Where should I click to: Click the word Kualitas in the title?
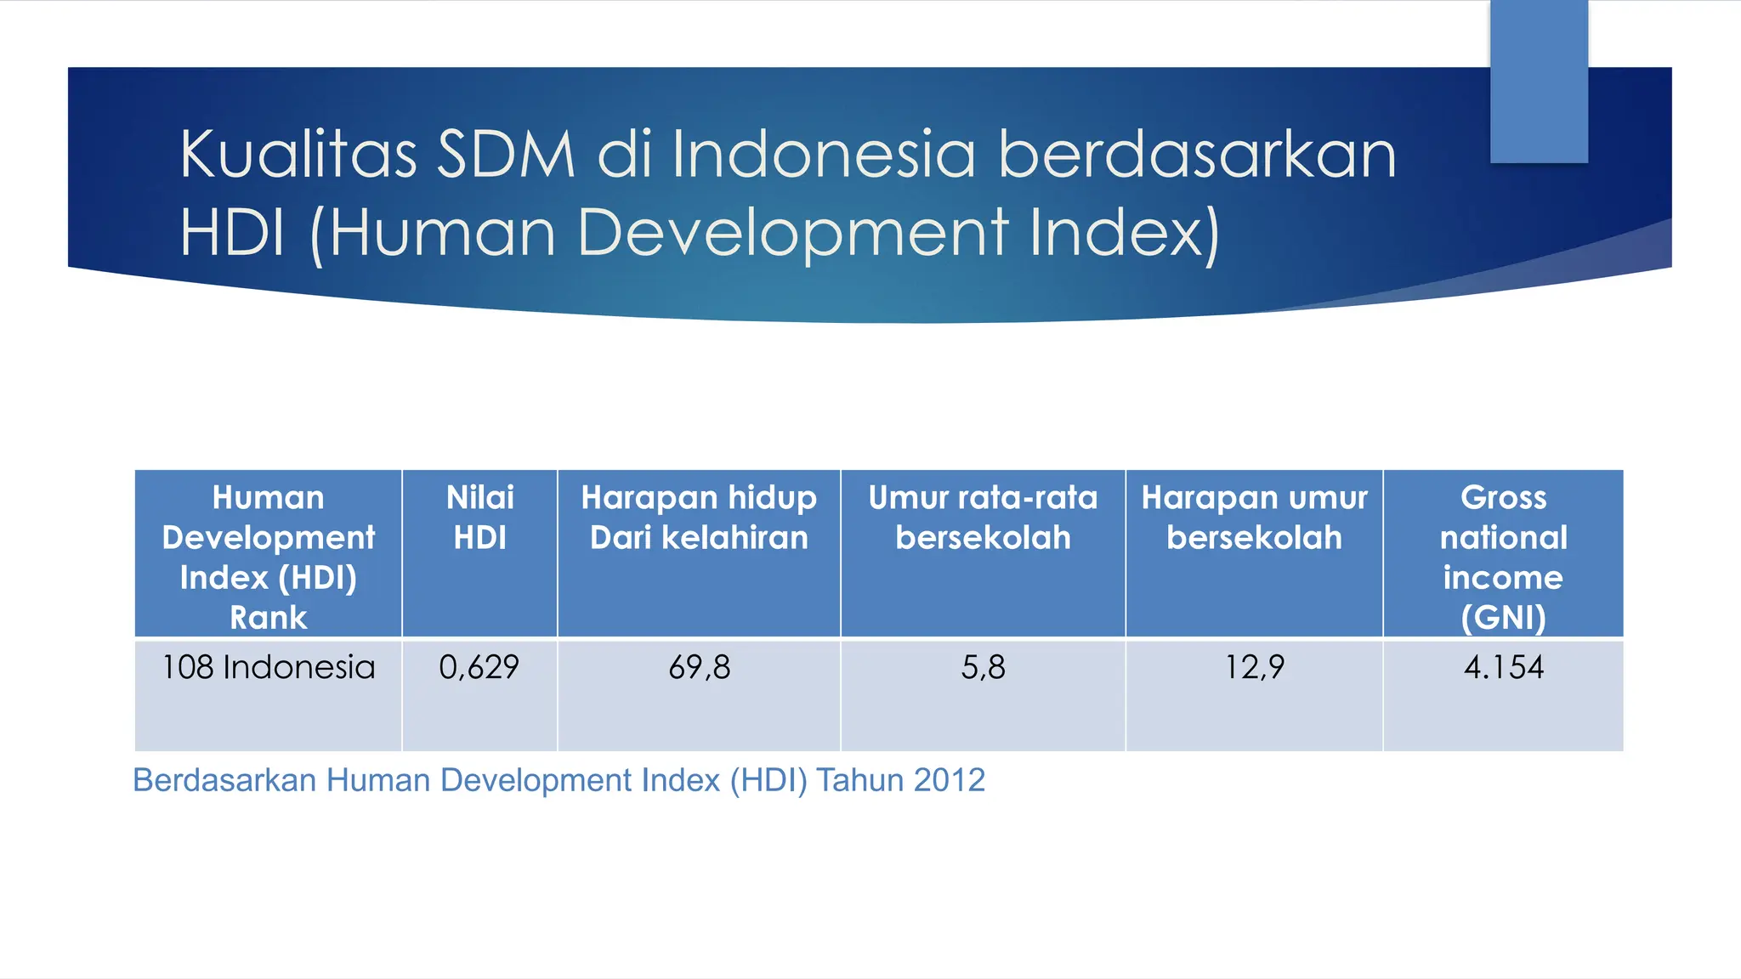tap(298, 155)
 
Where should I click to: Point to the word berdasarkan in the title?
tap(1198, 155)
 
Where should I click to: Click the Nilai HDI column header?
tap(480, 518)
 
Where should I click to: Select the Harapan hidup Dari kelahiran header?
tap(699, 518)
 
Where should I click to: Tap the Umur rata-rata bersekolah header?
tap(983, 518)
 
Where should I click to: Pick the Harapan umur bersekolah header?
tap(1254, 518)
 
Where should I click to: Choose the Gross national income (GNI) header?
tap(1503, 557)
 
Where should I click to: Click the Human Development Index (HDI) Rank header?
tap(269, 557)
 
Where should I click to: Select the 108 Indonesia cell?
tap(269, 668)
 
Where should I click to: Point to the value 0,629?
tap(479, 668)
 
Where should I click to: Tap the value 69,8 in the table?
tap(699, 668)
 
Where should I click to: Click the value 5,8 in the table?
tap(983, 668)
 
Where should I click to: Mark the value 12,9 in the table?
tap(1254, 668)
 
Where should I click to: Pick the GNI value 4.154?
tap(1503, 668)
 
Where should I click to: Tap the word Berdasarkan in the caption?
tap(224, 780)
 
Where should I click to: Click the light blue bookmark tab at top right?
tap(1539, 81)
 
